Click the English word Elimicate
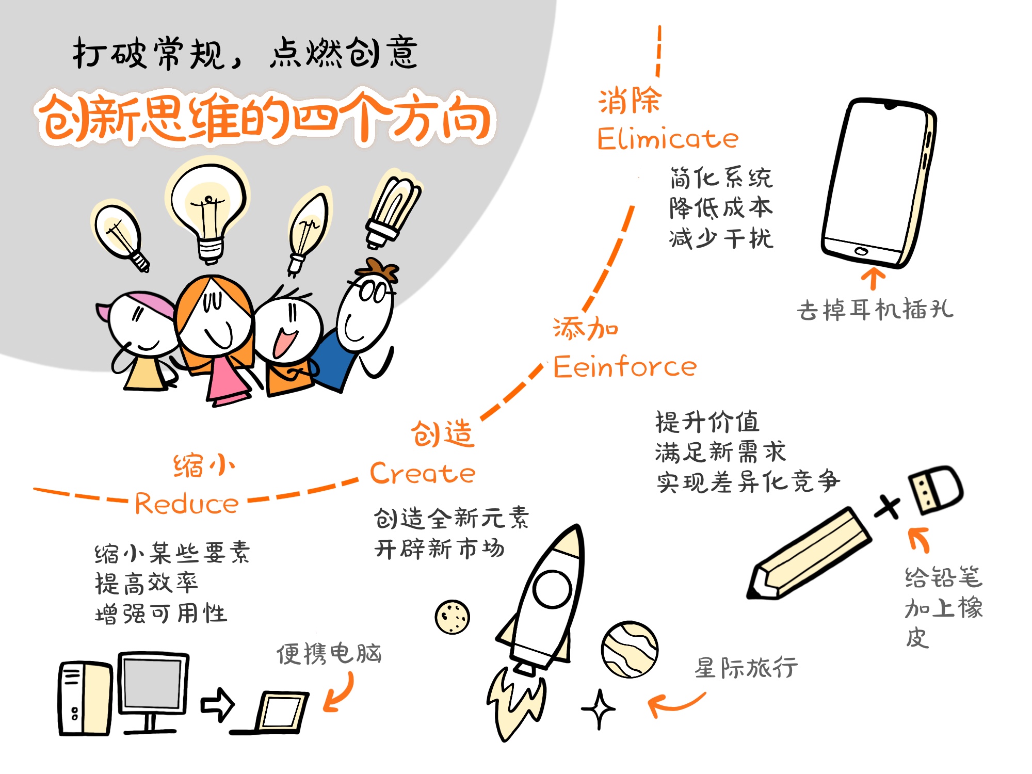(667, 139)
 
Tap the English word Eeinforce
(624, 367)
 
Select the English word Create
(422, 474)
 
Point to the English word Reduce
(186, 504)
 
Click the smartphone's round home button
(861, 251)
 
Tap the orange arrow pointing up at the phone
(873, 278)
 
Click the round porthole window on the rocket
(552, 589)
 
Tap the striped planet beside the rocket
(629, 649)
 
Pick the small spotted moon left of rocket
(452, 617)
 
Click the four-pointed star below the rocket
(599, 709)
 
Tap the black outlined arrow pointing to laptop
(217, 704)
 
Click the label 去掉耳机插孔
(875, 310)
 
